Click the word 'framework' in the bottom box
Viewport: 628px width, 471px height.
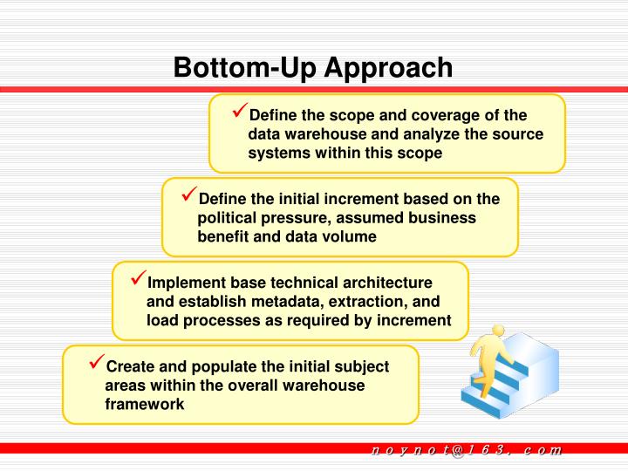(x=145, y=405)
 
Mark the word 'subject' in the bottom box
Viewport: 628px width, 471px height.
(x=362, y=367)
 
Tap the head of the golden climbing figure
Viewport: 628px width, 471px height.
(x=498, y=332)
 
